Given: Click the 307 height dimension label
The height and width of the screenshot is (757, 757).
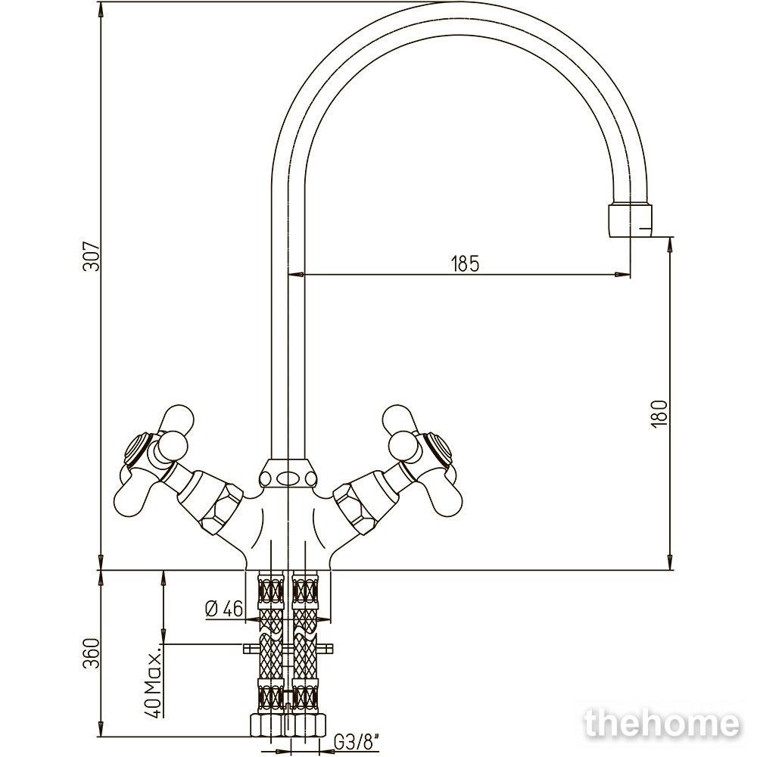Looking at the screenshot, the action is pyautogui.click(x=92, y=255).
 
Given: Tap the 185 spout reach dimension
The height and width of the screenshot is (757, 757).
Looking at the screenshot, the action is pyautogui.click(x=465, y=263).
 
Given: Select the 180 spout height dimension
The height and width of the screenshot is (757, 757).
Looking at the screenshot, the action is pyautogui.click(x=659, y=413).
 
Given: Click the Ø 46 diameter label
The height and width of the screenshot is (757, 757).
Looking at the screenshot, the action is pyautogui.click(x=224, y=609).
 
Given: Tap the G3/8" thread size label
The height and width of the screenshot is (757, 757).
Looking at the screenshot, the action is pyautogui.click(x=357, y=743).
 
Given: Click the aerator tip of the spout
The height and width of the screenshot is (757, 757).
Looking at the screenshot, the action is pyautogui.click(x=630, y=220).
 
